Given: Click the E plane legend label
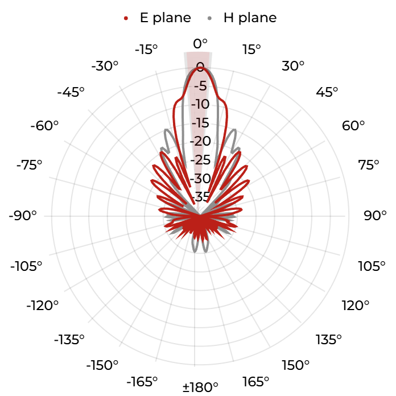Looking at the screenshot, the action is click(166, 18).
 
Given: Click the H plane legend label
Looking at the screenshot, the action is click(250, 18).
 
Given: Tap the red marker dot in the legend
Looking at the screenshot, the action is click(126, 18).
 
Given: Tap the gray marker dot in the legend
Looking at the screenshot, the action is click(209, 18).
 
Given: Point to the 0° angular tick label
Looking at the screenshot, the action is click(200, 44).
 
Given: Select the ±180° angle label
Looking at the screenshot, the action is click(200, 387).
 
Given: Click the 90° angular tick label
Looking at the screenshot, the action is click(375, 216).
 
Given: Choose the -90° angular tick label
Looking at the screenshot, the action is click(23, 216).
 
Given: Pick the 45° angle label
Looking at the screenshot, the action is click(327, 92).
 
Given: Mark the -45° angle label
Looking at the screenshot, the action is click(71, 92).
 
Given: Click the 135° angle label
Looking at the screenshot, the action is click(328, 340).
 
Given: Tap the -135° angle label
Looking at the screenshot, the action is click(69, 340).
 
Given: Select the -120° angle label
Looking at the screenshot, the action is click(43, 306).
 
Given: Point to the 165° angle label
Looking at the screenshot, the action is click(255, 382).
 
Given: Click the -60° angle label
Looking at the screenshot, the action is click(44, 126).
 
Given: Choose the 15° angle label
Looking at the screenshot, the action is click(251, 49).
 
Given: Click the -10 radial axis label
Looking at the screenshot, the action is click(200, 104).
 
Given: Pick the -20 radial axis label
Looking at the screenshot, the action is click(200, 141).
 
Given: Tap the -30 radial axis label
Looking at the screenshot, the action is click(200, 179).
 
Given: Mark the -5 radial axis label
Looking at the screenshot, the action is click(200, 86).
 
